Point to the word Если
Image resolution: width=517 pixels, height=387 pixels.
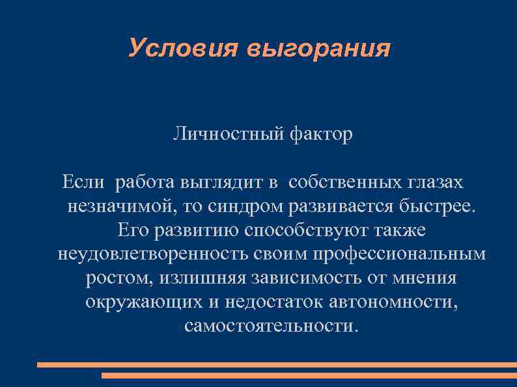pyautogui.click(x=83, y=182)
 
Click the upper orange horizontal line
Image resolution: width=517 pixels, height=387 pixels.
pyautogui.click(x=277, y=365)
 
